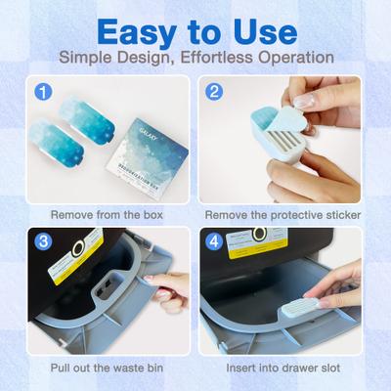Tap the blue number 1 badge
point(42,94)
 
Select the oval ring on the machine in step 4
point(260,236)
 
